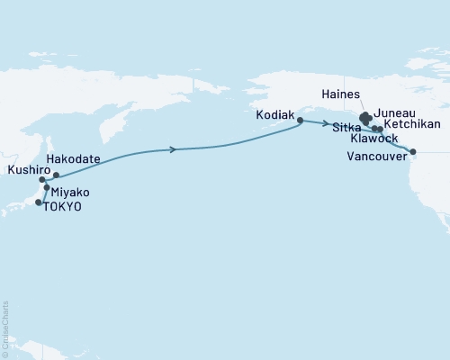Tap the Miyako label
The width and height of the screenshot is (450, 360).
(70, 193)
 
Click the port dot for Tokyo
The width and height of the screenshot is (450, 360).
(38, 203)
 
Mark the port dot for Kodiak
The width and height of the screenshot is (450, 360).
(300, 120)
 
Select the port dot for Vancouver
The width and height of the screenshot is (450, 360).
(413, 152)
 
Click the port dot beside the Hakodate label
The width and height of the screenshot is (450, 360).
(57, 175)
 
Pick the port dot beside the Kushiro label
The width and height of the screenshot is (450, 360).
(42, 180)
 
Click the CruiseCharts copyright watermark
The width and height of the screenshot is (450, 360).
(5, 328)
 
